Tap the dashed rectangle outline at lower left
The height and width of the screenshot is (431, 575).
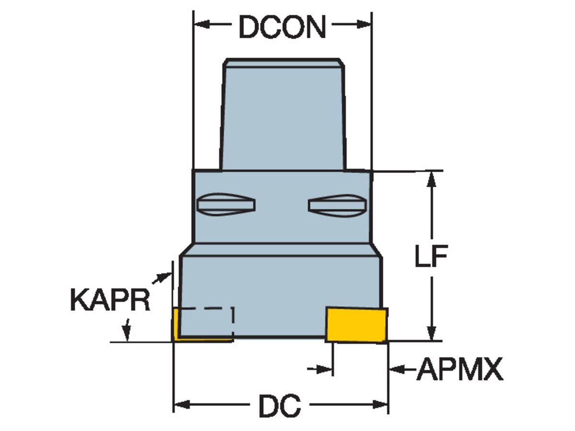click(207, 322)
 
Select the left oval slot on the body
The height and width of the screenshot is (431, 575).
click(226, 204)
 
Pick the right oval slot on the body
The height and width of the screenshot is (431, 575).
click(337, 204)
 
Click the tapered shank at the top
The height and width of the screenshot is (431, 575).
click(282, 115)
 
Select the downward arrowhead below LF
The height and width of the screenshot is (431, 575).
click(432, 333)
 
